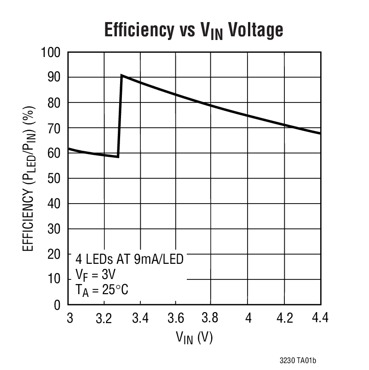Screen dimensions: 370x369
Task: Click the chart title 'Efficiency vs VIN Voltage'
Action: coord(193,30)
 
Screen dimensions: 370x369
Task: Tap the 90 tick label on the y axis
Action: coord(54,78)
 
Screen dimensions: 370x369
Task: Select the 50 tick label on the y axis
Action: coord(54,178)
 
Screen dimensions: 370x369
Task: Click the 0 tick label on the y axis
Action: coord(58,305)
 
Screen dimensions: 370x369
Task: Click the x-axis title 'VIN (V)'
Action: coord(194,338)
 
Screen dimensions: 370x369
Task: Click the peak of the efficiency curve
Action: coord(121,75)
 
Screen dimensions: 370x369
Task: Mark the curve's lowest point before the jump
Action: coord(118,157)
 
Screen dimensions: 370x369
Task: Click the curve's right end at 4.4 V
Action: coord(320,133)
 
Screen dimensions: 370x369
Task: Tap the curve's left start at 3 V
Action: coord(69,148)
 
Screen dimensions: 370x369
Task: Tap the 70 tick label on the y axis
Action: coord(54,128)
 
